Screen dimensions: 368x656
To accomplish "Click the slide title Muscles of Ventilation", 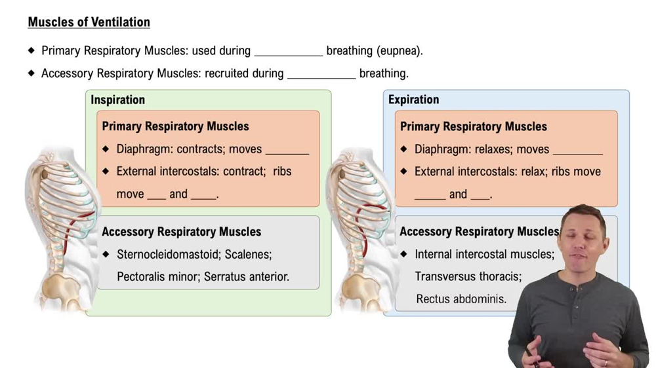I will pyautogui.click(x=89, y=22).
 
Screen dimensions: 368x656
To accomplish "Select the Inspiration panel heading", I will pyautogui.click(x=117, y=100).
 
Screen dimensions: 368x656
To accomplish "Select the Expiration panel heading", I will pyautogui.click(x=413, y=100).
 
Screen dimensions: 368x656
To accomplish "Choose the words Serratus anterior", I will pyautogui.click(x=246, y=276).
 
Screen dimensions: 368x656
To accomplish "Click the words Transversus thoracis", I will pyautogui.click(x=468, y=276).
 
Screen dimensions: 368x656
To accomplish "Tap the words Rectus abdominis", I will pyautogui.click(x=461, y=299).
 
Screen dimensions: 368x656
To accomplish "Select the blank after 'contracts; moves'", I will pyautogui.click(x=287, y=151).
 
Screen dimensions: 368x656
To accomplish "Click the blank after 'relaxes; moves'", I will pyautogui.click(x=577, y=151).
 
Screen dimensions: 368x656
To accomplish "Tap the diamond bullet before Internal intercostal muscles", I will pyautogui.click(x=404, y=254).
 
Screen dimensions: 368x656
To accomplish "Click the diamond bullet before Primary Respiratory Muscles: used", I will pyautogui.click(x=31, y=50).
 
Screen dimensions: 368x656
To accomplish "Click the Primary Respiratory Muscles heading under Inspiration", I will pyautogui.click(x=175, y=126).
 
